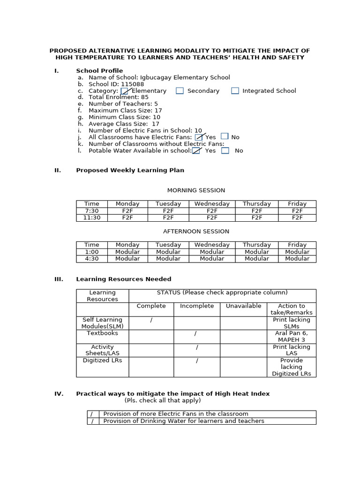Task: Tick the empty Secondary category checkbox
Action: click(180, 91)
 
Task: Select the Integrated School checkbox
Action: click(235, 91)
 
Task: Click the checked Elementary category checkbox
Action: click(124, 91)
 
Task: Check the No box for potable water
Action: click(225, 151)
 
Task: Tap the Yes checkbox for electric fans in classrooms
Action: click(199, 137)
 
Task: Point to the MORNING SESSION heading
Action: click(196, 190)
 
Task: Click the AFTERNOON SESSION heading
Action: click(196, 231)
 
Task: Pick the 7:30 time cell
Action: click(92, 211)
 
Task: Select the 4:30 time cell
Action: click(92, 259)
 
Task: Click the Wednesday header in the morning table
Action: click(212, 204)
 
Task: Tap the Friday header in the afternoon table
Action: click(297, 245)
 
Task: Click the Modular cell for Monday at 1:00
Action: click(127, 252)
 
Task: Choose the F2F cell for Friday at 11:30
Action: click(297, 217)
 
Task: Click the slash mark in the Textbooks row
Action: click(195, 333)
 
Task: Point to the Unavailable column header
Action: click(243, 306)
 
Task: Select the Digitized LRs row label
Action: click(102, 360)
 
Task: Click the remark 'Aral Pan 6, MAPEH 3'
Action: click(292, 336)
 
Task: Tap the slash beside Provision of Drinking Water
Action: click(92, 421)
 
